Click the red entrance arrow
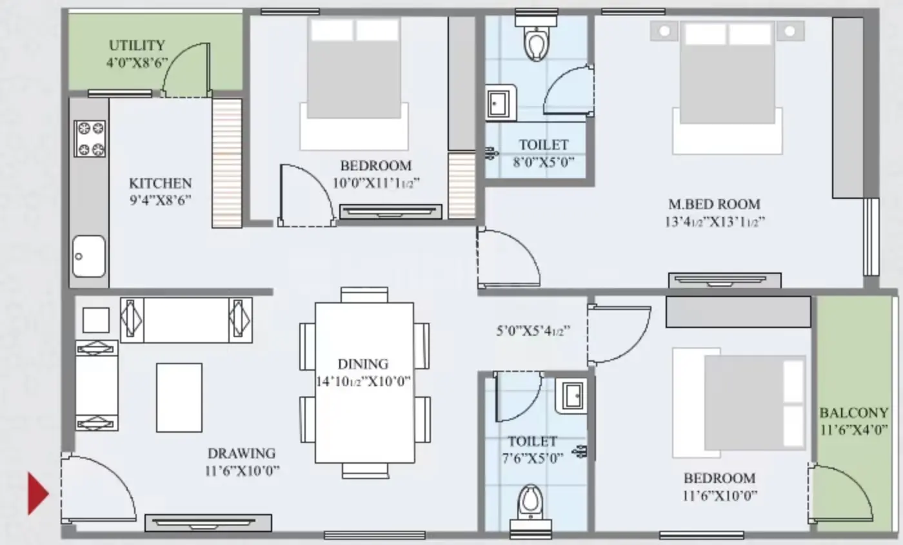click(x=37, y=493)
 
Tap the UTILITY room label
click(x=137, y=45)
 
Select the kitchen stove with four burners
click(x=90, y=138)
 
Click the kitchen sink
click(x=89, y=256)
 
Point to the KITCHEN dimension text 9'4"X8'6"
click(x=161, y=200)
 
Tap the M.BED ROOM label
click(x=715, y=204)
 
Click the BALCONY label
click(x=854, y=413)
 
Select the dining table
click(x=364, y=383)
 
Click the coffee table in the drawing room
click(x=179, y=397)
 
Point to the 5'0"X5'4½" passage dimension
click(x=533, y=331)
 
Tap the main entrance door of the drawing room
click(x=99, y=488)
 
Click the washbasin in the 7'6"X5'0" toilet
click(x=571, y=396)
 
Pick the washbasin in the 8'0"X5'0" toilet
click(x=501, y=103)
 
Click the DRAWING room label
click(x=241, y=453)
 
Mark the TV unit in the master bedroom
click(x=725, y=280)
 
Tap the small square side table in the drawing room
click(x=96, y=320)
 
